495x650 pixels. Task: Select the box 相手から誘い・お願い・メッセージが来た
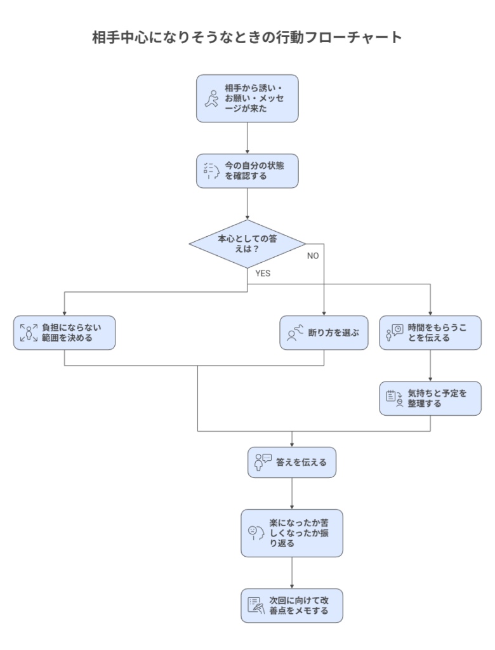pos(247,98)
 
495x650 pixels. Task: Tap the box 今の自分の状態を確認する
pos(247,170)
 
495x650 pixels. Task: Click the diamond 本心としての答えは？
pos(247,244)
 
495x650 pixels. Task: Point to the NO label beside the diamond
pos(312,255)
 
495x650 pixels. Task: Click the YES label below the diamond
pos(263,273)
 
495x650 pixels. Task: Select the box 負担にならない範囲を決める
pos(65,333)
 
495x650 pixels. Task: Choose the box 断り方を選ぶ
pos(324,333)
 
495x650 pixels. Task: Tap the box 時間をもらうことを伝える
pos(430,333)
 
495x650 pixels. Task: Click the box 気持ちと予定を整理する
pos(430,398)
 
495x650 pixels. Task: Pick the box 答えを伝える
pos(291,462)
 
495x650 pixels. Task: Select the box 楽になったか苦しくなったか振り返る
pos(291,533)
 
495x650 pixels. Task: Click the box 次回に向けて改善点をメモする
pos(291,605)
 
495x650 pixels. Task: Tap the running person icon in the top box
pos(212,98)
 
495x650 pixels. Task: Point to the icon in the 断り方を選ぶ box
pos(294,333)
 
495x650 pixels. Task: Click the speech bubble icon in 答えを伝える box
pos(263,461)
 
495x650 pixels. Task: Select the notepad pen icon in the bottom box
pos(256,605)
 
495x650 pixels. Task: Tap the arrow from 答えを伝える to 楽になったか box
pos(291,493)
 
